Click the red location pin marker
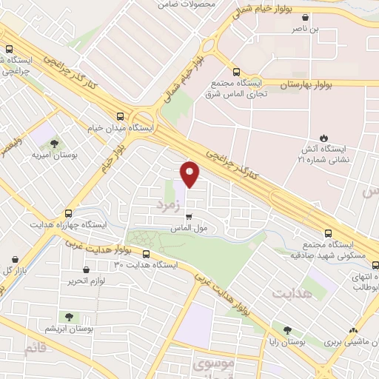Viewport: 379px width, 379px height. (190, 172)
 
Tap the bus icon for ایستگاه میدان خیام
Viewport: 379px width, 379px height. (121, 115)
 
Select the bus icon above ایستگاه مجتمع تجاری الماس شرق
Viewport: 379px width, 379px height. (236, 72)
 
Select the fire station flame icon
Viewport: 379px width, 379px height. (323, 137)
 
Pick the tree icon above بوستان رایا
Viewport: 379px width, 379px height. (286, 331)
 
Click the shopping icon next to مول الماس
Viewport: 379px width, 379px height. (189, 217)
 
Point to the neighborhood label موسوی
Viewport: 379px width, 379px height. (212, 363)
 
